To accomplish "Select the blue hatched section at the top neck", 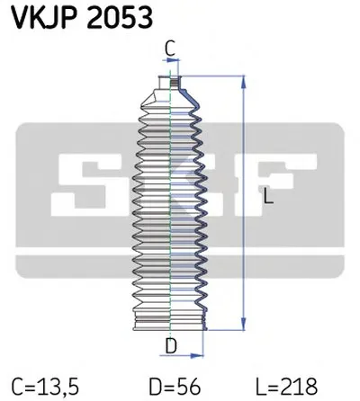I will click(x=182, y=88).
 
